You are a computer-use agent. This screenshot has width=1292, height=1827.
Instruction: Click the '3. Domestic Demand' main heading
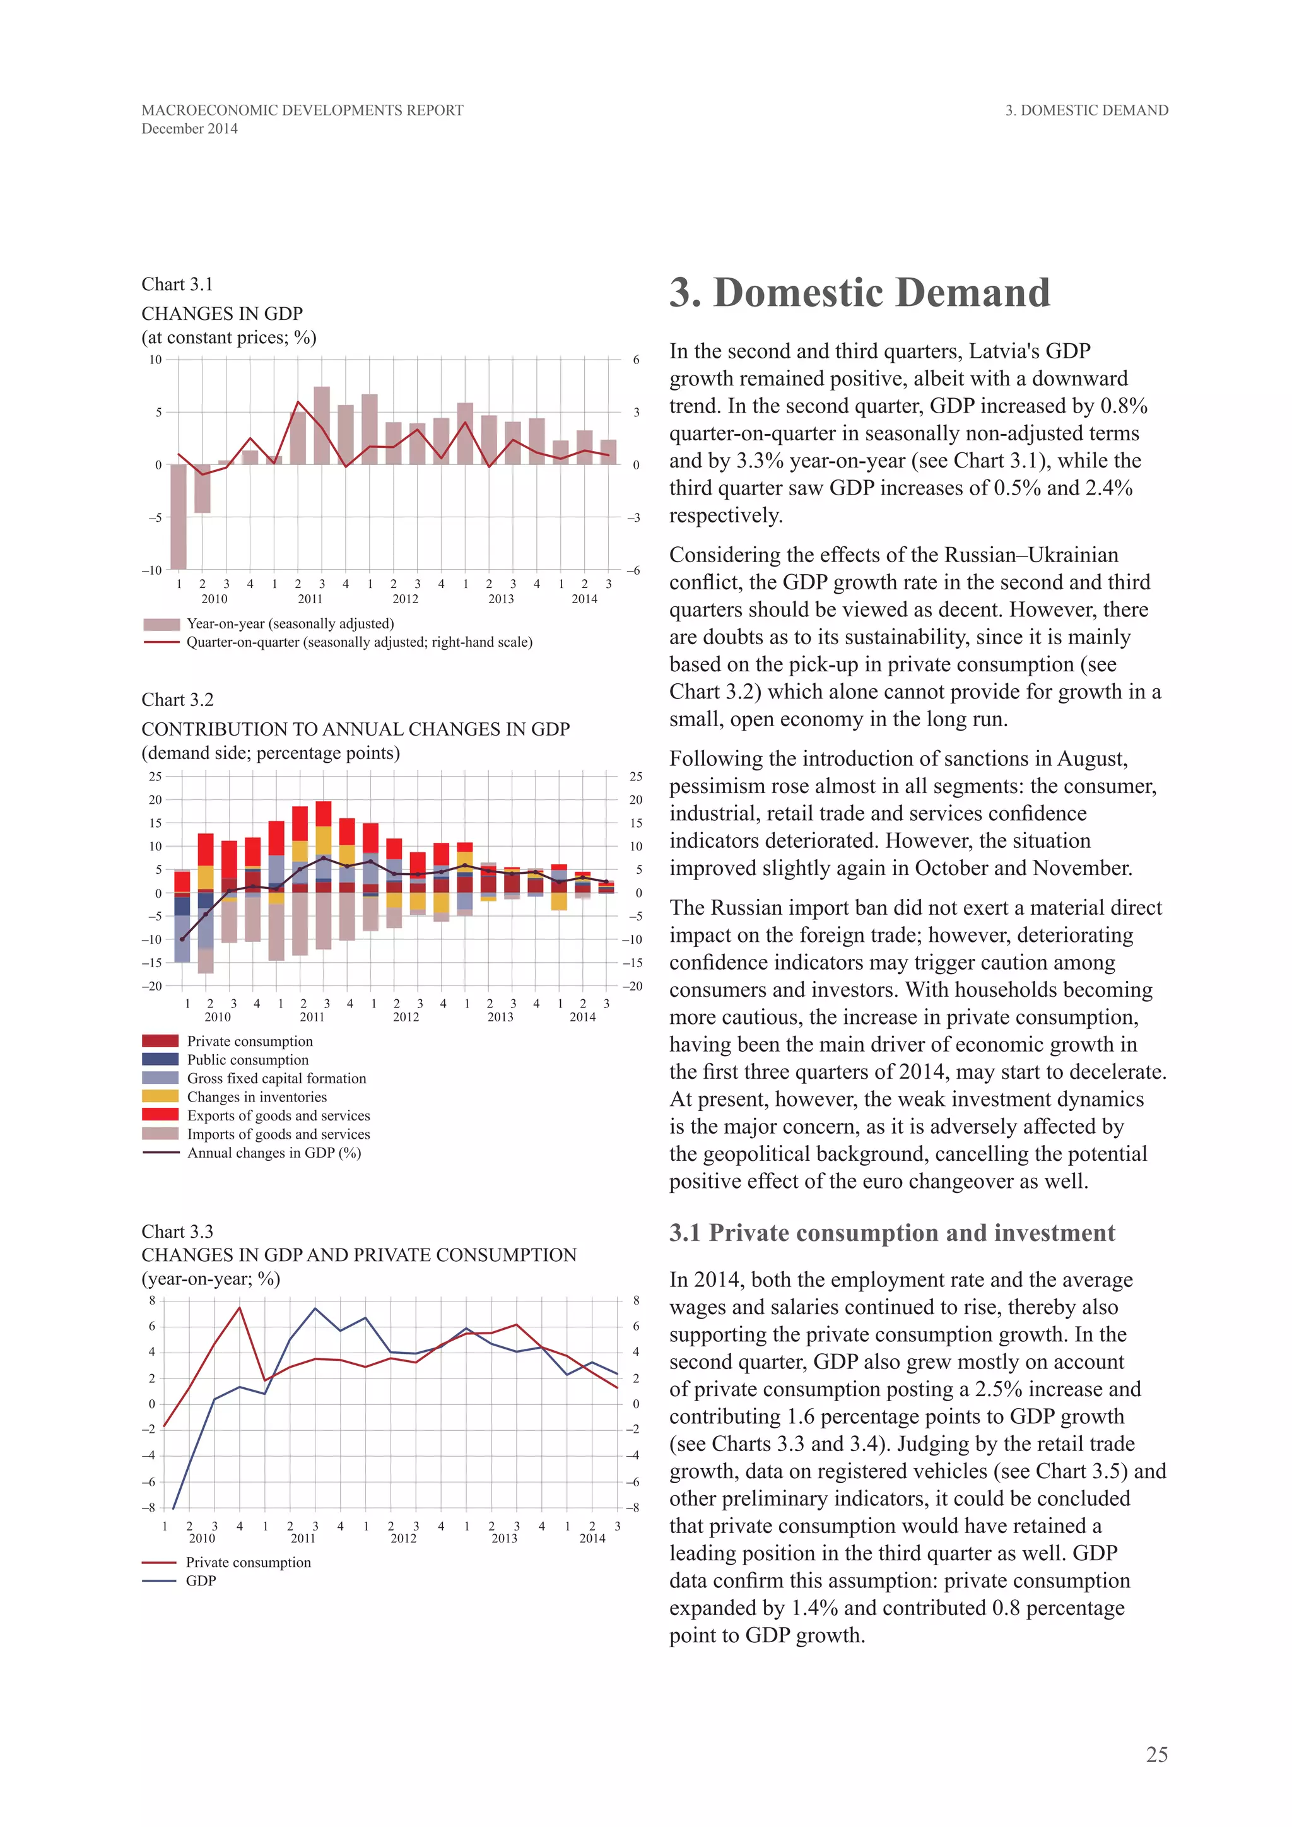click(x=859, y=293)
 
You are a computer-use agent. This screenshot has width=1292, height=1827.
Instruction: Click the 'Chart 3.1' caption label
click(x=177, y=284)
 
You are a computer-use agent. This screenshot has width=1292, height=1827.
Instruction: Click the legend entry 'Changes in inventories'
click(x=256, y=1096)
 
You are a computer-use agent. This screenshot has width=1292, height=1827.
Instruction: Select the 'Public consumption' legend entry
click(x=247, y=1060)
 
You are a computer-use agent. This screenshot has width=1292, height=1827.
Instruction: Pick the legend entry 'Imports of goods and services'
click(x=278, y=1134)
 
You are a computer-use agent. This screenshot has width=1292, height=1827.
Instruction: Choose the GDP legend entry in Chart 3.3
click(x=201, y=1580)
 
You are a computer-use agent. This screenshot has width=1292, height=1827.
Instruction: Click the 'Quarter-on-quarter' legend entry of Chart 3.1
click(x=359, y=642)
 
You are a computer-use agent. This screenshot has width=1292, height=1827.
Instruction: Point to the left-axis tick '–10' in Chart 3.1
click(x=152, y=570)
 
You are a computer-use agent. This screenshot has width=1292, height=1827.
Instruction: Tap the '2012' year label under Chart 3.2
click(x=406, y=1016)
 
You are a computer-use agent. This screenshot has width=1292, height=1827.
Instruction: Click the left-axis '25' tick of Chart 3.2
click(x=155, y=777)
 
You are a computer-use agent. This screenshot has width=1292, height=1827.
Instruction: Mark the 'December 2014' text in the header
click(x=189, y=129)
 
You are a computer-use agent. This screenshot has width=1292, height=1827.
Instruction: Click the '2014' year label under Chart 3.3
click(x=592, y=1538)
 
